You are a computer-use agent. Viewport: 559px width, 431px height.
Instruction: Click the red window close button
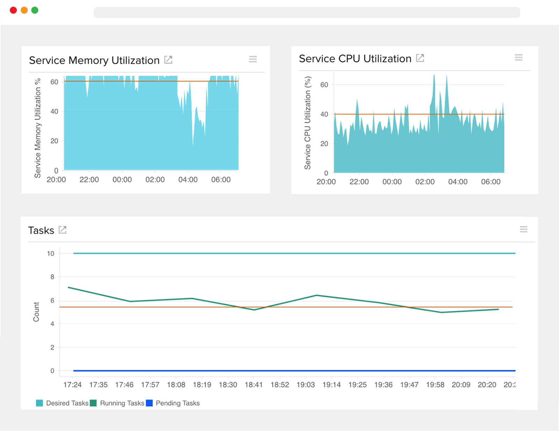pyautogui.click(x=13, y=10)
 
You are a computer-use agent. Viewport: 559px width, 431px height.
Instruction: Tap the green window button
pyautogui.click(x=35, y=10)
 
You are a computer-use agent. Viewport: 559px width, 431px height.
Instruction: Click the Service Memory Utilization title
pyautogui.click(x=94, y=60)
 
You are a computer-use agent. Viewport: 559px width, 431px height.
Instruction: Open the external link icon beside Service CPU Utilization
pyautogui.click(x=420, y=58)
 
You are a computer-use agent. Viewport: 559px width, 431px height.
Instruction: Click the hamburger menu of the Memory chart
pyautogui.click(x=253, y=59)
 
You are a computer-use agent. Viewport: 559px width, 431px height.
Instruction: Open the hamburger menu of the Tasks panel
pyautogui.click(x=523, y=229)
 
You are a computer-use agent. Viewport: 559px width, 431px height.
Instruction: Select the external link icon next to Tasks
pyautogui.click(x=63, y=230)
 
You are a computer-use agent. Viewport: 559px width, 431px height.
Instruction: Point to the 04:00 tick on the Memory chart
pyautogui.click(x=188, y=180)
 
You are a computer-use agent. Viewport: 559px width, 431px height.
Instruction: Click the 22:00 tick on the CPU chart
pyautogui.click(x=359, y=182)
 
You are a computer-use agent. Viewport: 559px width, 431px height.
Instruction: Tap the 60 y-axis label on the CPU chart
pyautogui.click(x=324, y=85)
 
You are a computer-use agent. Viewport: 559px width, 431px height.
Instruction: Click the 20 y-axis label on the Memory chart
pyautogui.click(x=54, y=141)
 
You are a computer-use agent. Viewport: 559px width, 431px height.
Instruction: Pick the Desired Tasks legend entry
pyautogui.click(x=63, y=403)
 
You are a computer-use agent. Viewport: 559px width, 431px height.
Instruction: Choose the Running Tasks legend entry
pyautogui.click(x=117, y=403)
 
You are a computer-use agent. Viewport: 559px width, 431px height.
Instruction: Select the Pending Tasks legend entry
pyautogui.click(x=173, y=403)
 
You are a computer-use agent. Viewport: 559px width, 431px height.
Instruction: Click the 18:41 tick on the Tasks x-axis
pyautogui.click(x=254, y=385)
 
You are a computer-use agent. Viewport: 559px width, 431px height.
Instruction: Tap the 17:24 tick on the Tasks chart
pyautogui.click(x=72, y=385)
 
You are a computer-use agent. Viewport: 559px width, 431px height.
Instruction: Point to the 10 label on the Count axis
pyautogui.click(x=51, y=254)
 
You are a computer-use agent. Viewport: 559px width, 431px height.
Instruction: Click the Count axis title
pyautogui.click(x=36, y=312)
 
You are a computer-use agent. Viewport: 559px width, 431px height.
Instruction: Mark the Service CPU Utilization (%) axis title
pyautogui.click(x=307, y=123)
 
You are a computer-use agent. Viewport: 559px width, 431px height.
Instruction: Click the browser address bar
pyautogui.click(x=307, y=13)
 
